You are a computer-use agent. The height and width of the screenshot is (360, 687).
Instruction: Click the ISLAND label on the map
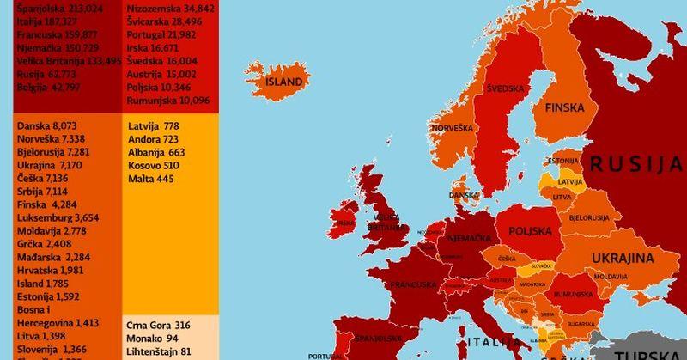click(x=283, y=82)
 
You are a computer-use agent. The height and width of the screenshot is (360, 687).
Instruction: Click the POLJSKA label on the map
click(x=531, y=231)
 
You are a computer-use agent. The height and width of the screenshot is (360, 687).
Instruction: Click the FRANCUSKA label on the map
click(x=415, y=284)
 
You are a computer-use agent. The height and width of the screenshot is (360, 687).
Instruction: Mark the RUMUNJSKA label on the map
click(x=570, y=294)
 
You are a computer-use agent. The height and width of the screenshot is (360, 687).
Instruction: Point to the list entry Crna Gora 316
click(x=158, y=326)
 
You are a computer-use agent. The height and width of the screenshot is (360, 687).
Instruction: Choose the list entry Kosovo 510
click(x=153, y=165)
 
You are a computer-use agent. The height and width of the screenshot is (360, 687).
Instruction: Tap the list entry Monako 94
click(x=153, y=339)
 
